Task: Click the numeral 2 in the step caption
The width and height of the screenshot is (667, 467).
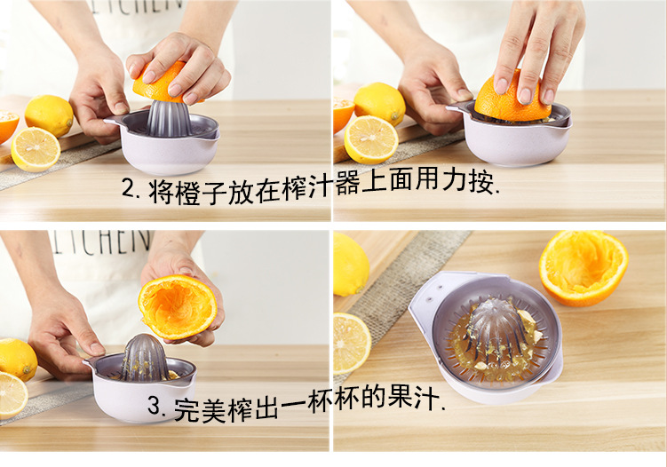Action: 129,187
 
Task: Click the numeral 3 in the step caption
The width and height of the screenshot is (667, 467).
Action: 154,406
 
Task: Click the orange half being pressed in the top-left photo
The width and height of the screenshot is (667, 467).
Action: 161,82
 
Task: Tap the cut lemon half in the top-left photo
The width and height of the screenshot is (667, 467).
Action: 36,149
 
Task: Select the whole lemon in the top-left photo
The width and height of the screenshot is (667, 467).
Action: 49,115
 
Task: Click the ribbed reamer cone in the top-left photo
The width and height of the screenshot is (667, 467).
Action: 167,118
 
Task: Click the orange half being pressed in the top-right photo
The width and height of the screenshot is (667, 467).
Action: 507,97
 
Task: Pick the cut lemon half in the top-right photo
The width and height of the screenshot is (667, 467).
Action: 370,140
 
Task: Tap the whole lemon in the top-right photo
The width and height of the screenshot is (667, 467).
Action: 379,103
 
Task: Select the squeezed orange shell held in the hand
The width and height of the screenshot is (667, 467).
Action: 178,306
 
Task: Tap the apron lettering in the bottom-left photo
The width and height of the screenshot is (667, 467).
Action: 100,242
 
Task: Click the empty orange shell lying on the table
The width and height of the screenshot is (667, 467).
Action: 584,267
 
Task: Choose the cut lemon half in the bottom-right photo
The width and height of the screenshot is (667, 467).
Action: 351,344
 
